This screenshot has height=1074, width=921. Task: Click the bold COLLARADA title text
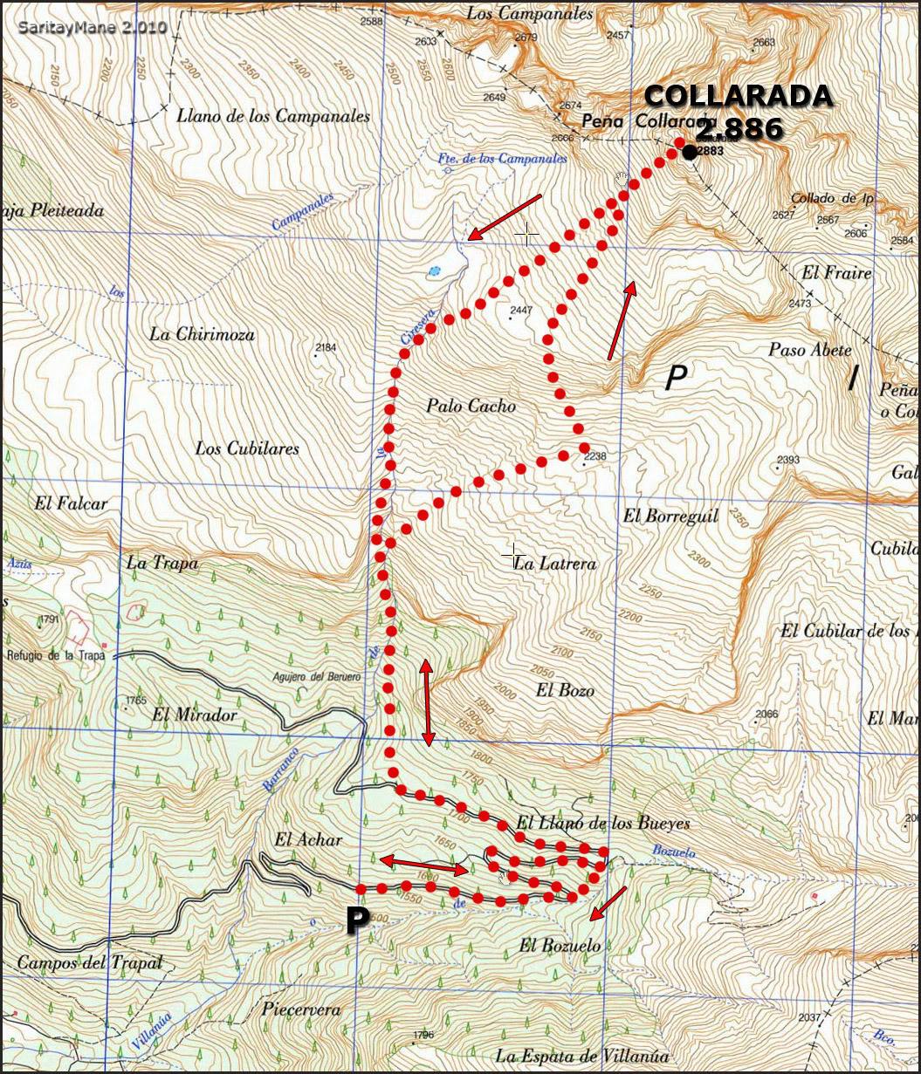coord(738,97)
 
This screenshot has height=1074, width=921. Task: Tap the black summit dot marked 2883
coord(690,153)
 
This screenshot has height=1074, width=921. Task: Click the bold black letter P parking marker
coord(355,920)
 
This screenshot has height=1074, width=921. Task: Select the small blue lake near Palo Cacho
coord(434,271)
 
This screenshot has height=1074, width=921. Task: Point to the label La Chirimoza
coord(202,334)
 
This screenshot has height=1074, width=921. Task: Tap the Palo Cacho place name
coord(471,406)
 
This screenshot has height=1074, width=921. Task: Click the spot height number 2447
coord(521,311)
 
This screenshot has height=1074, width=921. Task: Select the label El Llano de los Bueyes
coord(603,823)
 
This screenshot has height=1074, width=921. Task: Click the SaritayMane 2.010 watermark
coord(92,27)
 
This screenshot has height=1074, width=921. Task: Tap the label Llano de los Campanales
coord(272,116)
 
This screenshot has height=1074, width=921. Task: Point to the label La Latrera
coord(555,564)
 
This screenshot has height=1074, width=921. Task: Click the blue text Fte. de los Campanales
coord(502,160)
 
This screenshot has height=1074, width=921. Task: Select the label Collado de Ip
coord(832,198)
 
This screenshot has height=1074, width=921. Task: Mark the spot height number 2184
coord(325,347)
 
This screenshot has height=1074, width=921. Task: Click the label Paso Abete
coord(809,350)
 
